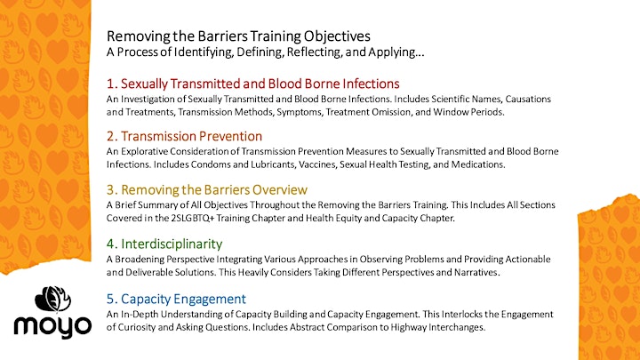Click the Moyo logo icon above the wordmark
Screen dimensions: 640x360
pos(52,299)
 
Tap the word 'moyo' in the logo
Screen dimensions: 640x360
pos(52,327)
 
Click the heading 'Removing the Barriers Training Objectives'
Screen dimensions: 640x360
pos(238,36)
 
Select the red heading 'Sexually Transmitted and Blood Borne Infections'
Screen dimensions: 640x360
pos(260,84)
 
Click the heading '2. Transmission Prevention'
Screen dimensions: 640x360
pos(184,136)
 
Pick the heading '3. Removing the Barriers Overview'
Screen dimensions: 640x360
pos(207,190)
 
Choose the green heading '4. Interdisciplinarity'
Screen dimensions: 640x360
pos(164,244)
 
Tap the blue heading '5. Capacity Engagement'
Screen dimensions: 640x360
pos(176,299)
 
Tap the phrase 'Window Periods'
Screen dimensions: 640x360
pos(468,112)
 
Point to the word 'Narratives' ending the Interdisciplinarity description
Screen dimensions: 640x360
pos(476,272)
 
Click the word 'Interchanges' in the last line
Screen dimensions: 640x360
pos(457,327)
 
